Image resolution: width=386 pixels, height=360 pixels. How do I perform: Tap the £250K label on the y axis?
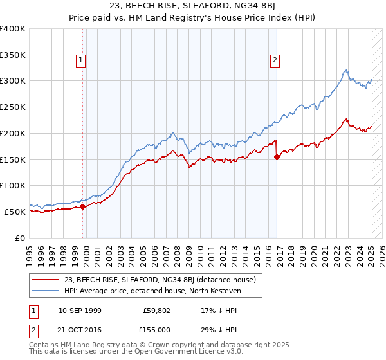[x=13, y=107]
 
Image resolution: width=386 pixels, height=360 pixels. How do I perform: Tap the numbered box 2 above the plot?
[x=275, y=61]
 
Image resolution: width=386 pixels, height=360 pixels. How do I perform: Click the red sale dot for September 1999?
[x=83, y=207]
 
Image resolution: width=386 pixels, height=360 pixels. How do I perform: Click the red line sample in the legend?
[x=46, y=280]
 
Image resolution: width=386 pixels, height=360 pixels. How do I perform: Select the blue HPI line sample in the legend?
[x=46, y=291]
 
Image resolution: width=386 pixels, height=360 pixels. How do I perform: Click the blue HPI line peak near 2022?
[x=346, y=70]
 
